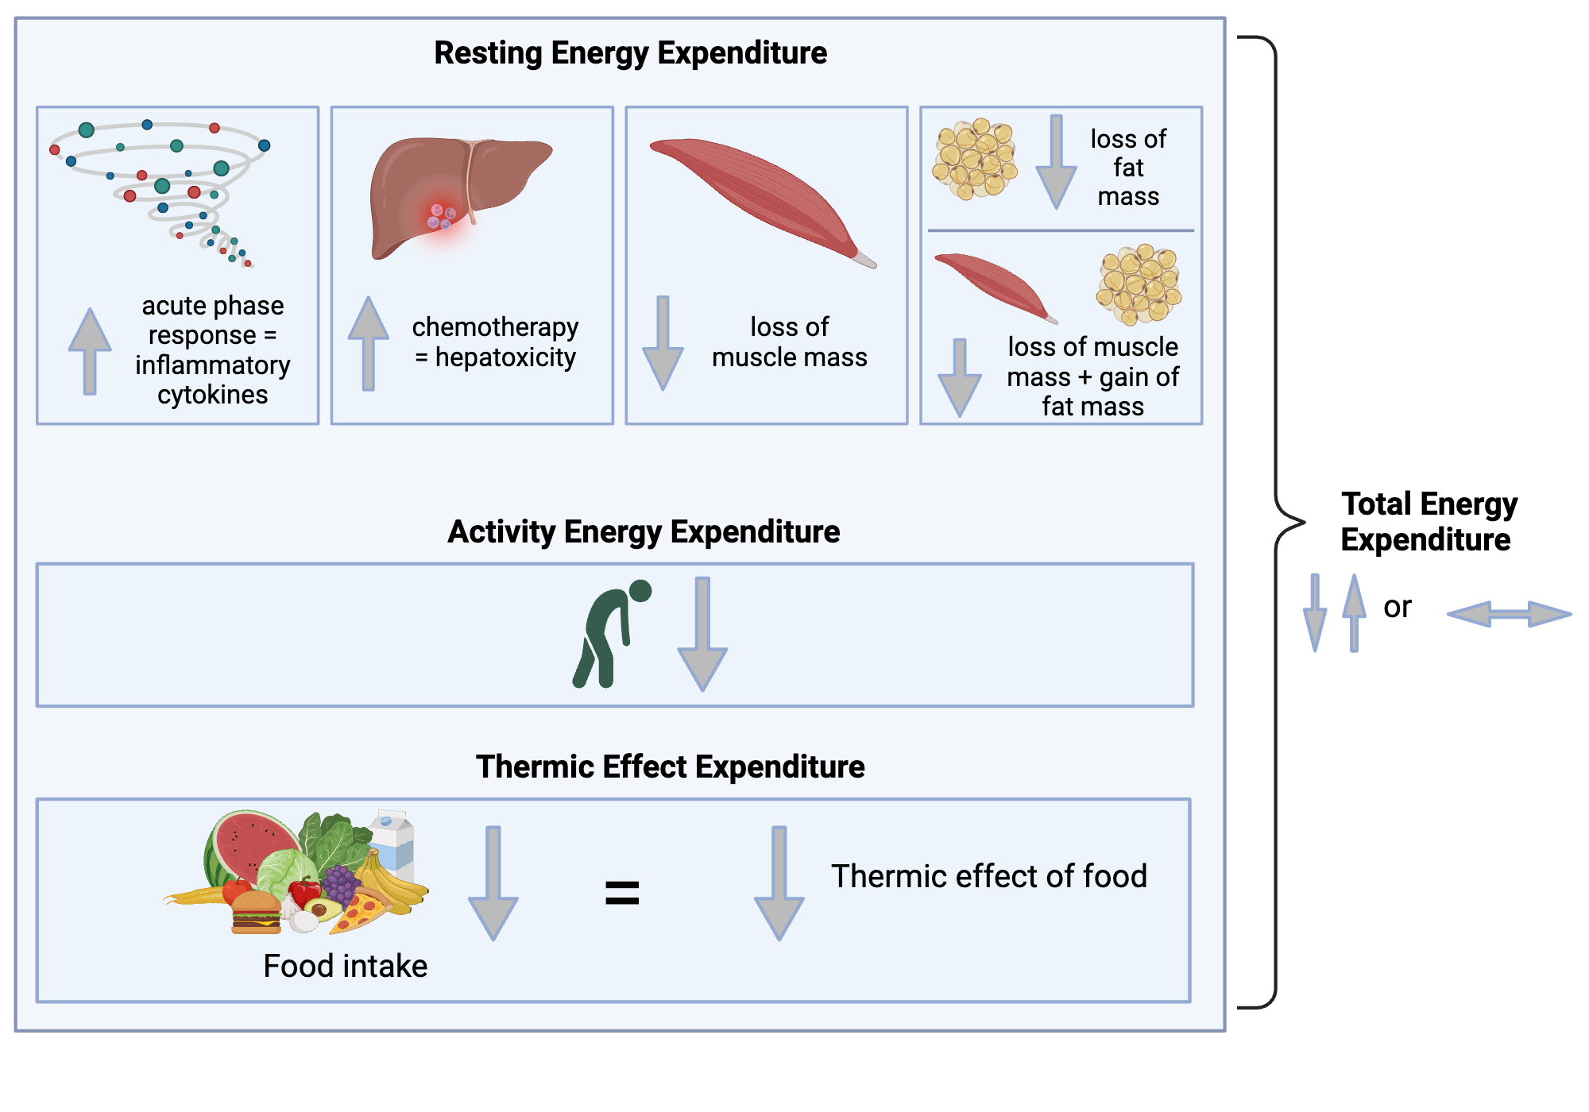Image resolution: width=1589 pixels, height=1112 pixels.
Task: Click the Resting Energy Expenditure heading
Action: [630, 53]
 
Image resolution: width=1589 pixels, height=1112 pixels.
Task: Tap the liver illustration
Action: [445, 191]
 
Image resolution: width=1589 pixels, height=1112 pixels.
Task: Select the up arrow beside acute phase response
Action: [90, 349]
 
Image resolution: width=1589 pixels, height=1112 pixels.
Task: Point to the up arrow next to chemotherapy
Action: [368, 342]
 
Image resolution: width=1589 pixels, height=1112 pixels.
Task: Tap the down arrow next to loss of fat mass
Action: [1056, 163]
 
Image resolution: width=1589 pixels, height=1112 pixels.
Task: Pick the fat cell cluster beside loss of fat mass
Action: [975, 158]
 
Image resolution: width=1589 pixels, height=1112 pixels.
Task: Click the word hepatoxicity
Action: [505, 357]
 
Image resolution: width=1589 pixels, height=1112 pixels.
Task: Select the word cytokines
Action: [212, 395]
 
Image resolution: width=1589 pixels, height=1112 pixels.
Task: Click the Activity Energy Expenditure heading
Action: [644, 531]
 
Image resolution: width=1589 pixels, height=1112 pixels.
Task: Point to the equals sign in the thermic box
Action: [622, 892]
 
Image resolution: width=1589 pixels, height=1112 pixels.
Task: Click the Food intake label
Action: [345, 966]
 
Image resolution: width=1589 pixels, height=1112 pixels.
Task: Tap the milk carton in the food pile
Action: [394, 840]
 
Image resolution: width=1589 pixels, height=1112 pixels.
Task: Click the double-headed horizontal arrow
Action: [1509, 614]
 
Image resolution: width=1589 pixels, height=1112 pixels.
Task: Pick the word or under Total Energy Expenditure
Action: [1397, 608]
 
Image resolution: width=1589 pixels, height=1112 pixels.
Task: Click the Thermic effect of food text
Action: [988, 876]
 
